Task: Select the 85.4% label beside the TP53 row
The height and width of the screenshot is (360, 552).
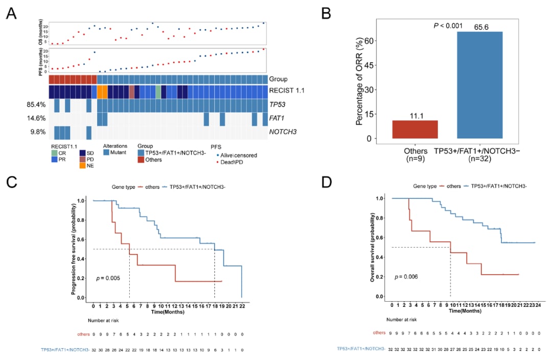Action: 36,105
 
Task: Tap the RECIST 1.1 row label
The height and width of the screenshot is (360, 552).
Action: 287,92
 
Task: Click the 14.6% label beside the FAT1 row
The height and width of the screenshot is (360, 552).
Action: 36,119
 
